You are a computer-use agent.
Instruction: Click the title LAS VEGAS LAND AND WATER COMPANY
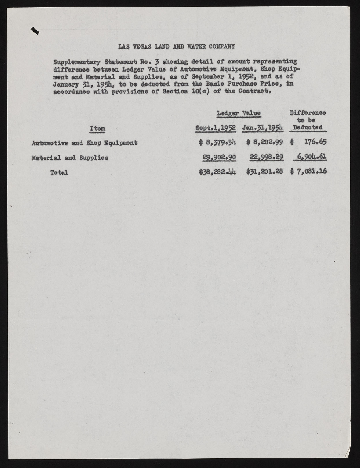coord(176,46)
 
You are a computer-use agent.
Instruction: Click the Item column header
coord(97,129)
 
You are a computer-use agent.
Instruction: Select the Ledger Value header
coord(239,113)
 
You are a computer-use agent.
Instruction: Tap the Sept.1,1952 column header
coord(216,128)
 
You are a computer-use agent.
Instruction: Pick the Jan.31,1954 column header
coord(263,128)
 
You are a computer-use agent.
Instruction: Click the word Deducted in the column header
coord(308,127)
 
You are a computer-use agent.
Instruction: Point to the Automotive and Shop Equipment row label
coord(85,143)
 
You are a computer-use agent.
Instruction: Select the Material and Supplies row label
coord(70,158)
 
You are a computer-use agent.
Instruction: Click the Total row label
coord(59,173)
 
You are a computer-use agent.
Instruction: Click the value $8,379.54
coord(218,142)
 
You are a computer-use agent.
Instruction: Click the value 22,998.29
coord(267,157)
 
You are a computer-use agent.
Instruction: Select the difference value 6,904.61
coord(311,157)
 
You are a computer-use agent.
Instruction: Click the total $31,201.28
coord(265,172)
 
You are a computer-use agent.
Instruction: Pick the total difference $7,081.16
coord(308,171)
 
